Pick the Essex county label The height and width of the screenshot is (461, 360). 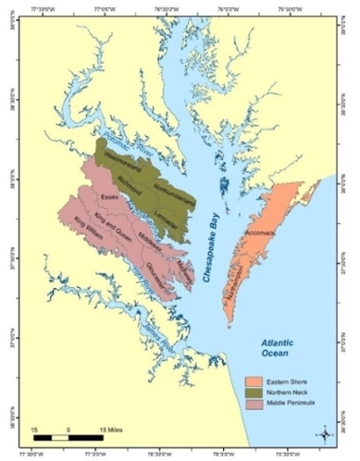[110, 194]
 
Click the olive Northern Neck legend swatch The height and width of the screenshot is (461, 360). [256, 394]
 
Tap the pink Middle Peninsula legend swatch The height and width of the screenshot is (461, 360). [256, 408]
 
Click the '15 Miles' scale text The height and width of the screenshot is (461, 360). [112, 427]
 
